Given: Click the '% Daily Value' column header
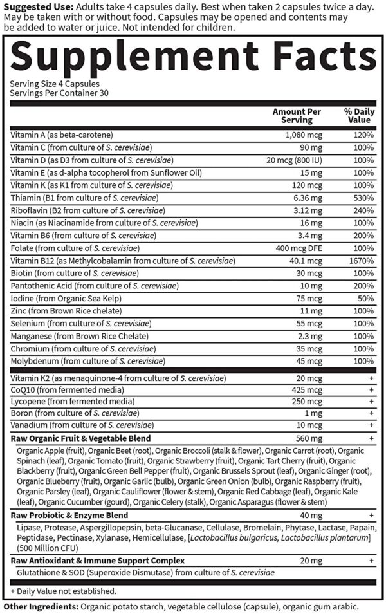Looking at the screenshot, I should [358, 115].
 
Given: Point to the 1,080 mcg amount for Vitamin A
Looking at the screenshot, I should [299, 135].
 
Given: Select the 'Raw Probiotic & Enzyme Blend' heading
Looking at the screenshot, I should [69, 516].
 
